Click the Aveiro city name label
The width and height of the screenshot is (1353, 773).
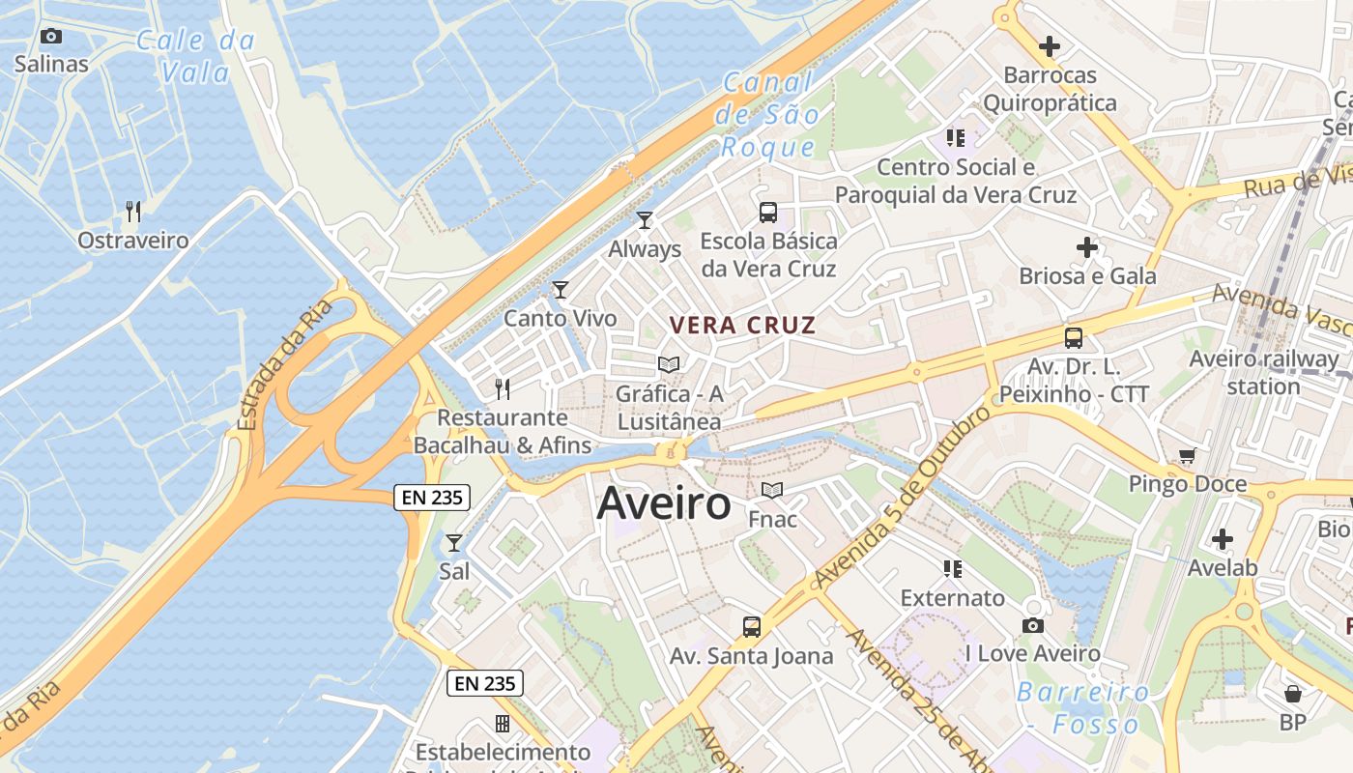click(x=664, y=503)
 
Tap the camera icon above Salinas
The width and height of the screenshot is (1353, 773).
click(x=51, y=37)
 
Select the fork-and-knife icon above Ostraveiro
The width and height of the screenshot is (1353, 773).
click(x=133, y=212)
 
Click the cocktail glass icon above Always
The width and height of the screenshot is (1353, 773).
click(x=645, y=220)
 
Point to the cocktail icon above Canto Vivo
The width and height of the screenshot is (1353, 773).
click(x=561, y=289)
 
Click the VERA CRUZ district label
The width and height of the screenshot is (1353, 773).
click(x=743, y=326)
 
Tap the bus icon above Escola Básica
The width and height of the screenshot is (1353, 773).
click(x=768, y=213)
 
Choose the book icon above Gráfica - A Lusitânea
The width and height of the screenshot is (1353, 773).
click(x=668, y=364)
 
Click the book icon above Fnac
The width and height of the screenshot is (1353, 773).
click(x=772, y=491)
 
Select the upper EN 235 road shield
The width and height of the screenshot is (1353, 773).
click(x=432, y=498)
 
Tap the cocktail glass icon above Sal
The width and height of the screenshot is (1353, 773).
click(x=454, y=543)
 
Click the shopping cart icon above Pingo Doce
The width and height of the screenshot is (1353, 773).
click(x=1187, y=455)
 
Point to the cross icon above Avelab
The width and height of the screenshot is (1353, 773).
click(x=1223, y=538)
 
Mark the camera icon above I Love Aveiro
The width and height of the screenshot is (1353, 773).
click(x=1032, y=625)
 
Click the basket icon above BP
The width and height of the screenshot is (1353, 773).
click(x=1292, y=693)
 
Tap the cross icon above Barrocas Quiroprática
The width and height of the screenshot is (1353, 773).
click(x=1050, y=45)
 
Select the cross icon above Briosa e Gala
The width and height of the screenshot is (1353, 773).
click(x=1087, y=247)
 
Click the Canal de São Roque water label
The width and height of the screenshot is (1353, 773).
click(x=769, y=115)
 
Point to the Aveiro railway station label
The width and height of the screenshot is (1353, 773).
click(x=1263, y=372)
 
